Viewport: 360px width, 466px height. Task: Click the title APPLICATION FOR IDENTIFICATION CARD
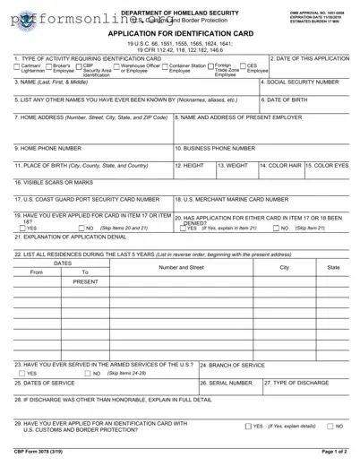(178, 32)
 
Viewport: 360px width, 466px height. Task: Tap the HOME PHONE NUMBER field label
(47, 148)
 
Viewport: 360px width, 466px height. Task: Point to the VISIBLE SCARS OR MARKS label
(53, 183)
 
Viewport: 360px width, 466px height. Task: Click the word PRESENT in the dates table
(85, 281)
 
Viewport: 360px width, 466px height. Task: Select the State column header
(333, 268)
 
